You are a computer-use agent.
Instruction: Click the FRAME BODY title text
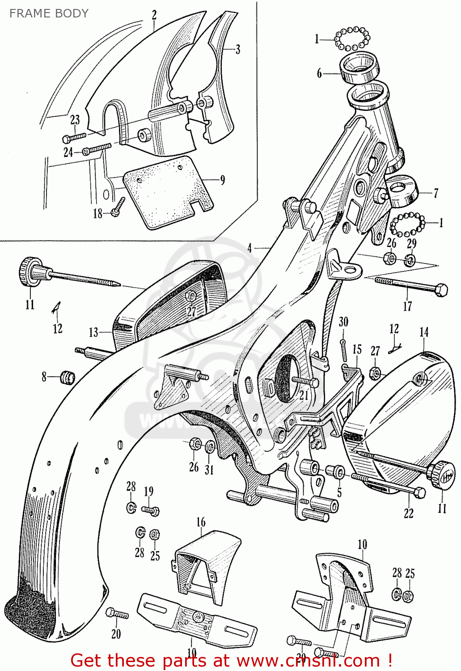(x=49, y=13)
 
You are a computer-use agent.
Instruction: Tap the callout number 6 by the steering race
(x=319, y=73)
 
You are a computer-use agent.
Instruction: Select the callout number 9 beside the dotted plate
(x=222, y=180)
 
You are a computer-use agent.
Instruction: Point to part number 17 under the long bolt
(x=407, y=306)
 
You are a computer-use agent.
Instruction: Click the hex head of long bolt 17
(x=441, y=290)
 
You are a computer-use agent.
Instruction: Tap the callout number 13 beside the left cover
(x=93, y=332)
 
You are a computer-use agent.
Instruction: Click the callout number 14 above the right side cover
(x=424, y=332)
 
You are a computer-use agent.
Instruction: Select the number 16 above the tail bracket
(x=201, y=522)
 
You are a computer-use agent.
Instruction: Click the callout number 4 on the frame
(x=250, y=248)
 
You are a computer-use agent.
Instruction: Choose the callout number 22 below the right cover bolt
(x=409, y=513)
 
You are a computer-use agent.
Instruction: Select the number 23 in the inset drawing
(x=75, y=119)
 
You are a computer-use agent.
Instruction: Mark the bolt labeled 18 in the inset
(x=118, y=207)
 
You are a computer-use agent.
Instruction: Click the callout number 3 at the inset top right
(x=237, y=50)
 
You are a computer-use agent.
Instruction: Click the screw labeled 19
(x=151, y=510)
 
